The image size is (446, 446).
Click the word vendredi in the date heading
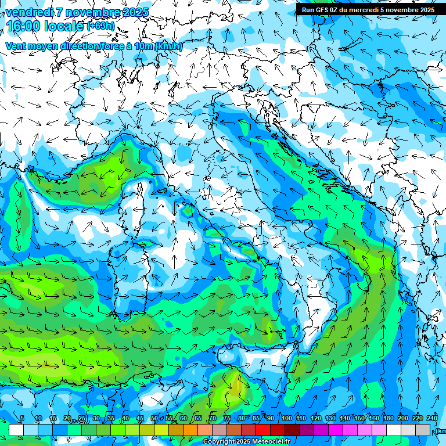[x=27, y=12]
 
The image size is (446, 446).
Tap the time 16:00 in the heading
[x=24, y=26]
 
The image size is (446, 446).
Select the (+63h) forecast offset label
[x=101, y=26]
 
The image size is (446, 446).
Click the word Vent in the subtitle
[x=16, y=46]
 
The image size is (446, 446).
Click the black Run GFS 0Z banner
[x=368, y=9]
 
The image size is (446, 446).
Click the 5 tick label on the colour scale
[x=21, y=419]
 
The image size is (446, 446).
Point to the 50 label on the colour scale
[x=154, y=419]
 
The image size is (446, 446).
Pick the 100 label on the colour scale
[x=287, y=419]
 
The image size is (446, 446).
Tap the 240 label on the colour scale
[x=432, y=419]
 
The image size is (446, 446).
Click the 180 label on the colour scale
[x=389, y=419]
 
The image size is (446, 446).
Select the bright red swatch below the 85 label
[x=263, y=430]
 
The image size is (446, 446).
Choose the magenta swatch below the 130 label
[x=336, y=430]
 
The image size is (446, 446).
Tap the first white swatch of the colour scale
[x=16, y=430]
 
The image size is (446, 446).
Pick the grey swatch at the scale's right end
[x=423, y=430]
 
